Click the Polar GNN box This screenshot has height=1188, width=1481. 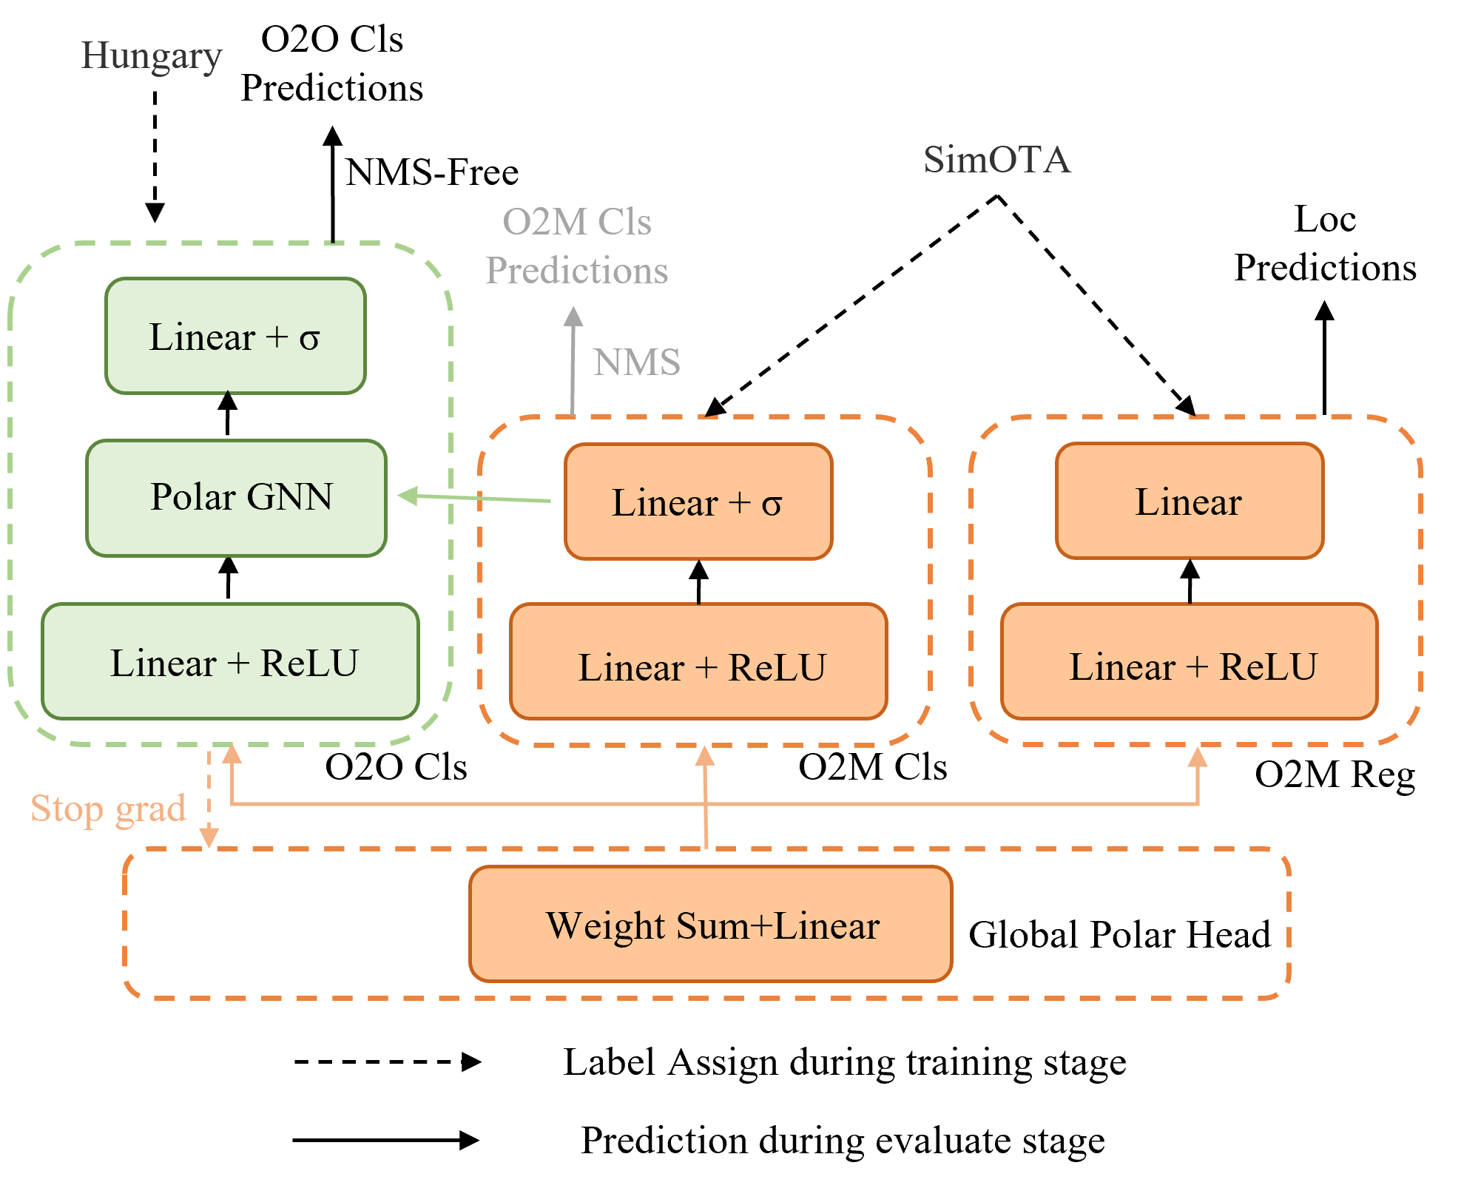(236, 498)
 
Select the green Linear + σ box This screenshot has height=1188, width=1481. (235, 336)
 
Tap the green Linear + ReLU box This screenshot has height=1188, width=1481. (230, 661)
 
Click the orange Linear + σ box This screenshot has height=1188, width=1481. (698, 502)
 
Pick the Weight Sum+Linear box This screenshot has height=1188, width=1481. (711, 924)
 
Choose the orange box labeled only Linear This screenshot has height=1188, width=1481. (1190, 501)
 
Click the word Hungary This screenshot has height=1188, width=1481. (152, 56)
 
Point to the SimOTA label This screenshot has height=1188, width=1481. (996, 160)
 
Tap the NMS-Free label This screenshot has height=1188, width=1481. (432, 172)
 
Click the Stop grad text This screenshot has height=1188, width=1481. (108, 809)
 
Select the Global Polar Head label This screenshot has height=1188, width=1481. (1119, 934)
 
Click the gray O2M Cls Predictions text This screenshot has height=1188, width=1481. (577, 246)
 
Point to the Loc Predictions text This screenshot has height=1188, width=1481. (1325, 243)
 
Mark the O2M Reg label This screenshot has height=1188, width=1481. (1335, 775)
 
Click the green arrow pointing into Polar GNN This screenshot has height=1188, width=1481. (474, 498)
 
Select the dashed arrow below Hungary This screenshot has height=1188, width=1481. (155, 157)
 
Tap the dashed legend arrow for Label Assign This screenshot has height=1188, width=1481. (388, 1062)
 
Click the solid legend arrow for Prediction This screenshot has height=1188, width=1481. (386, 1140)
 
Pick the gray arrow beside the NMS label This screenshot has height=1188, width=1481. (573, 361)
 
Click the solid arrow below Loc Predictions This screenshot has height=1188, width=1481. (1324, 358)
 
